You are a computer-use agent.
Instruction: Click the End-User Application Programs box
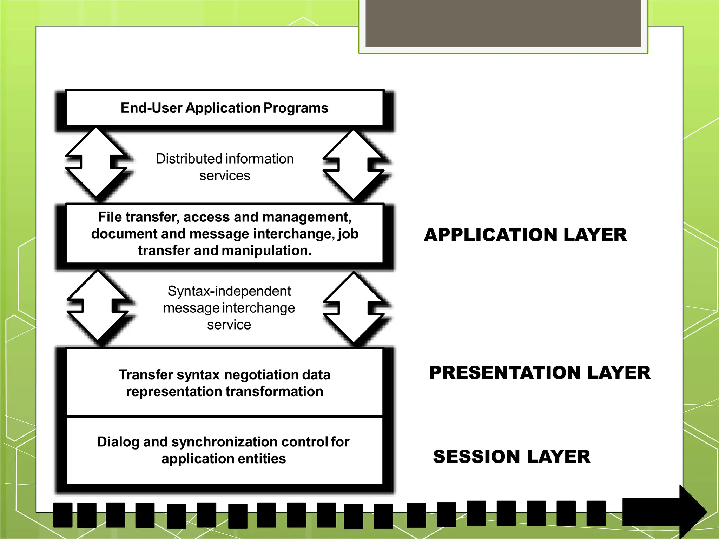224,108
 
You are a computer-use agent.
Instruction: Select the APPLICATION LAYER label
525,235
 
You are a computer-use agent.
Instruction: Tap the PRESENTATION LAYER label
540,373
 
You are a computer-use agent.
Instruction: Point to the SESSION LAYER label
512,457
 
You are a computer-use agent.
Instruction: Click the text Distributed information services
225,167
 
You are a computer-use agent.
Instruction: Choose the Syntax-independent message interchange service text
229,308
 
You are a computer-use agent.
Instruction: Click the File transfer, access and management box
225,234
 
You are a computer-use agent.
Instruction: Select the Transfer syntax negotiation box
225,383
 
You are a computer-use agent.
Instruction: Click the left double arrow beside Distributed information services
96,162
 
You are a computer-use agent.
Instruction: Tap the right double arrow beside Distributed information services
354,164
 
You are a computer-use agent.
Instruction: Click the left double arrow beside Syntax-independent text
98,306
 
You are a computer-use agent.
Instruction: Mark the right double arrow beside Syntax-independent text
354,307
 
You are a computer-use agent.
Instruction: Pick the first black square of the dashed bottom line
63,515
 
